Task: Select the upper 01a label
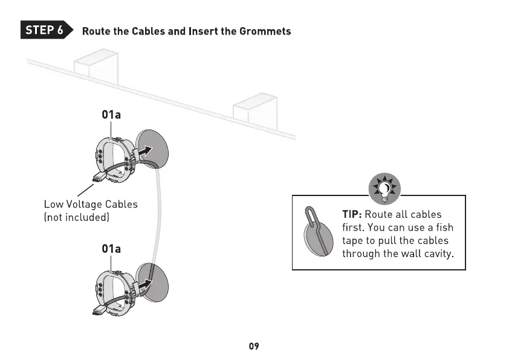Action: coord(111,114)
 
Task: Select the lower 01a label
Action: coord(111,249)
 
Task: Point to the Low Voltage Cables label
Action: coord(91,205)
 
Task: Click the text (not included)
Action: coord(76,217)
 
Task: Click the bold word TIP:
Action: coord(352,214)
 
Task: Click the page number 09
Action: coord(254,346)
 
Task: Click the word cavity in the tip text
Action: coord(435,254)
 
